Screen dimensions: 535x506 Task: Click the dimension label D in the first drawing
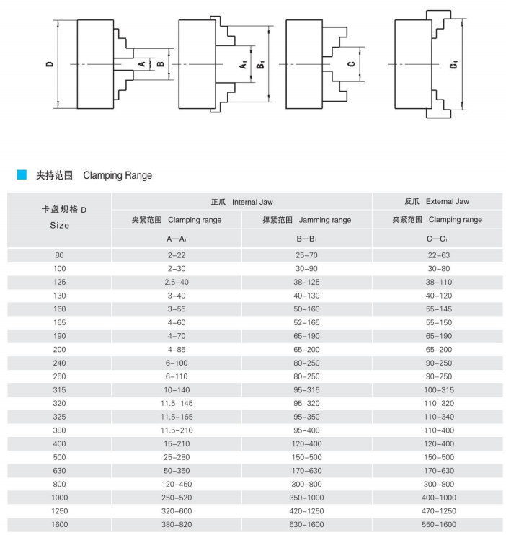tap(49, 64)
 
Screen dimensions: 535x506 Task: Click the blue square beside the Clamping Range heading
tap(22, 174)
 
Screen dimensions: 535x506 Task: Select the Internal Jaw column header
tap(241, 202)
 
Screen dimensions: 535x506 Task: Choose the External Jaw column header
tap(437, 202)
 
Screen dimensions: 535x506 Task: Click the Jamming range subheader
tap(306, 220)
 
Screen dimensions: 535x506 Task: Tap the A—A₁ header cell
tap(177, 239)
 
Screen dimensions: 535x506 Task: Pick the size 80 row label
tap(59, 255)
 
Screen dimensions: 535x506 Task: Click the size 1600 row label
tap(59, 524)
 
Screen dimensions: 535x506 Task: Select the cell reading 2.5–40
tap(177, 282)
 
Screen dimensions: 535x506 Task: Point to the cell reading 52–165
tap(306, 322)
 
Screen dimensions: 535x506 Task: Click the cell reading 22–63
tap(438, 255)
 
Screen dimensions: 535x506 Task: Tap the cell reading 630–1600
tap(306, 524)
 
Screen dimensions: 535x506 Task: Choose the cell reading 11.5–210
tap(177, 430)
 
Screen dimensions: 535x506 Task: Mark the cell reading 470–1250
tap(438, 510)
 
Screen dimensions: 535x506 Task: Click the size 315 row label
tap(59, 389)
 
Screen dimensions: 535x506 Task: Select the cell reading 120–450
tap(177, 484)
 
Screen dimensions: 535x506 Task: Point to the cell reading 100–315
tap(438, 389)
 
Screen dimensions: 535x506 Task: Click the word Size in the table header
tap(60, 225)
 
